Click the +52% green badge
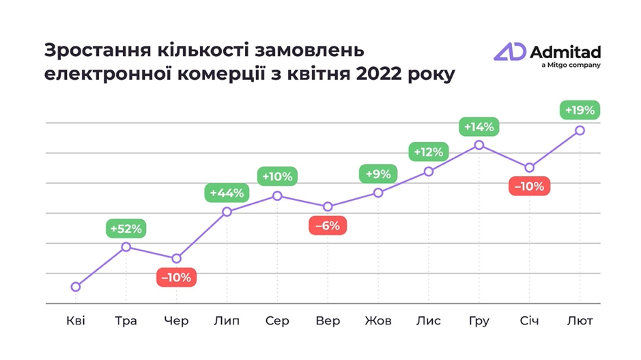(x=126, y=228)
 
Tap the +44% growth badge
(x=227, y=193)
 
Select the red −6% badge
(x=328, y=225)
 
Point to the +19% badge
(x=580, y=110)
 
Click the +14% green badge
(x=479, y=127)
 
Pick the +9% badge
(x=378, y=174)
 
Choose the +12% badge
(x=429, y=152)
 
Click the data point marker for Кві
(x=76, y=287)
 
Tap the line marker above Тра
(x=126, y=247)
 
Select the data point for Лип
(x=227, y=212)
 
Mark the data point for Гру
(x=479, y=145)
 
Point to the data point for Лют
(x=580, y=130)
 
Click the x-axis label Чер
(x=176, y=320)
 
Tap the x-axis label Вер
(x=328, y=320)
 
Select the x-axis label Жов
(x=378, y=320)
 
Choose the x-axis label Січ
(x=529, y=320)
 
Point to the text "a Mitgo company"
(x=570, y=66)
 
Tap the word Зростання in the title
(x=89, y=51)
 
